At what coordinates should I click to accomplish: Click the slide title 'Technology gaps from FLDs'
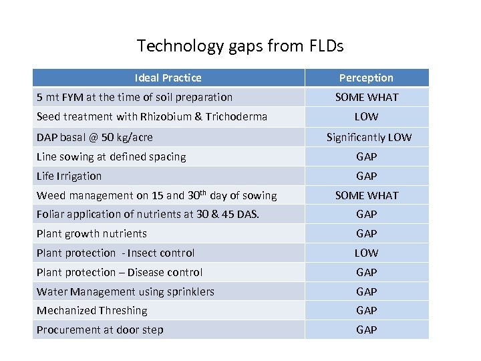[x=240, y=46]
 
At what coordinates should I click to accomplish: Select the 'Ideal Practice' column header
[x=168, y=78]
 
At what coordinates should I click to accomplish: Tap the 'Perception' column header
[x=366, y=78]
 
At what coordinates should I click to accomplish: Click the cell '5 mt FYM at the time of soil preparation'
[x=134, y=97]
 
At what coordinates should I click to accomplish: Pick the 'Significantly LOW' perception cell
[x=369, y=137]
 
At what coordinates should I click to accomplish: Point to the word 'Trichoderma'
[x=238, y=116]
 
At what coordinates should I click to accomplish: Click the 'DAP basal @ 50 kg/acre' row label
[x=94, y=137]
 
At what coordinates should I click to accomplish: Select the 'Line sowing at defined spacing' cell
[x=111, y=156]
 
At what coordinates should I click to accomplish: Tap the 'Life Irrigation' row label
[x=69, y=176]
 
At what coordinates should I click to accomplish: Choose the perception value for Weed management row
[x=366, y=195]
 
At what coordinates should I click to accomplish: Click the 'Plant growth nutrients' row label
[x=92, y=233]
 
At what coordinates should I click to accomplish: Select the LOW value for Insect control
[x=366, y=253]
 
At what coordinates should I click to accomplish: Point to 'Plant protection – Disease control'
[x=120, y=272]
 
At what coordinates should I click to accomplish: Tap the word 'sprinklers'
[x=190, y=291]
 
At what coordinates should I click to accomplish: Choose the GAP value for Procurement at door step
[x=366, y=330]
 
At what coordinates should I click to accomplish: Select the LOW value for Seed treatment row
[x=366, y=116]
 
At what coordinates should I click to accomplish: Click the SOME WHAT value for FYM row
[x=366, y=97]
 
